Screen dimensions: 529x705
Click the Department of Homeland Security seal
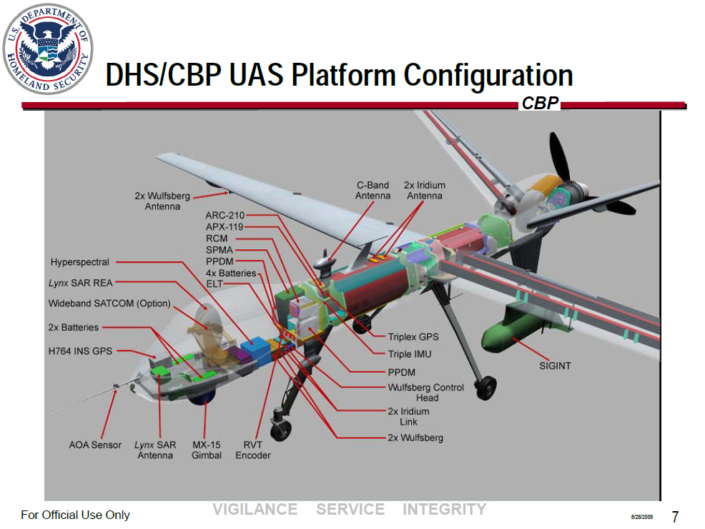coord(48,48)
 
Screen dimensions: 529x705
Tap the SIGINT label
coord(554,366)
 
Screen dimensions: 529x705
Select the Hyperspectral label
coord(79,262)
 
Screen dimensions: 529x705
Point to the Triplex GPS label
coord(413,337)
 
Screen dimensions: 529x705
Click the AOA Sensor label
coord(95,445)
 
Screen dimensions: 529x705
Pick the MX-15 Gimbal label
coord(206,450)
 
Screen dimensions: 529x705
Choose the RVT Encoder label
coord(253,450)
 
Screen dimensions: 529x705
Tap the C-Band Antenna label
coord(373,190)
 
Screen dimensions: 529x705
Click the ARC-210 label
coord(225,215)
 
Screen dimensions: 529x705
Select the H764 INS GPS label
coord(80,351)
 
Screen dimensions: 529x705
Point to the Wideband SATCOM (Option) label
coord(109,303)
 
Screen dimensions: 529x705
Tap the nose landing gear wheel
coord(281,430)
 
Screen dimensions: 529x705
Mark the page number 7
coord(674,516)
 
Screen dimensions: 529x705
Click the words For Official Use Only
coord(75,515)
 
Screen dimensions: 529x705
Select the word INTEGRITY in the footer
coord(444,510)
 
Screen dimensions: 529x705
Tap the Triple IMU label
coord(410,354)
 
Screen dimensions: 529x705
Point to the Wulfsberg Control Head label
coord(425,392)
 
